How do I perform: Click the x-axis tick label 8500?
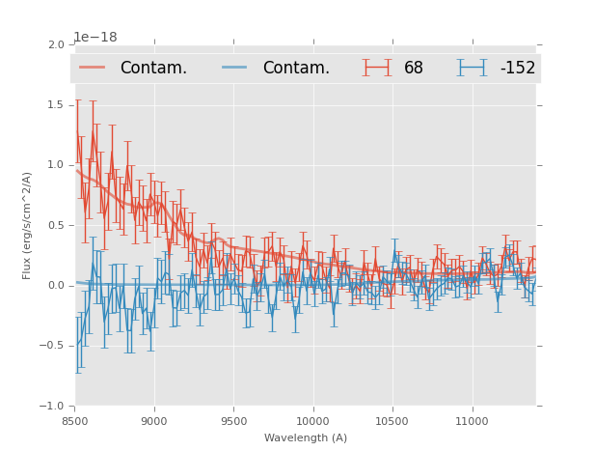click(75, 421)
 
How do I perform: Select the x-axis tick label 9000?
click(154, 421)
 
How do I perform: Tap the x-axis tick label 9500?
click(233, 421)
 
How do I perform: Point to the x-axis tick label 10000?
click(312, 421)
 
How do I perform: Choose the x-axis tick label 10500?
click(392, 421)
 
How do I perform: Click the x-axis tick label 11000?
click(471, 421)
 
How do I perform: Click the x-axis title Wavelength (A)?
click(306, 437)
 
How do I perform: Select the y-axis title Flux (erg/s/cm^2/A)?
click(27, 225)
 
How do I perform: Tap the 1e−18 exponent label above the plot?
click(95, 37)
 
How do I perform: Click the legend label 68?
click(414, 68)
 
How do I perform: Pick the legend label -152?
click(517, 68)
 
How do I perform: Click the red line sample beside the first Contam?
click(93, 68)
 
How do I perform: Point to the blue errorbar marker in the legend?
click(472, 68)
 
